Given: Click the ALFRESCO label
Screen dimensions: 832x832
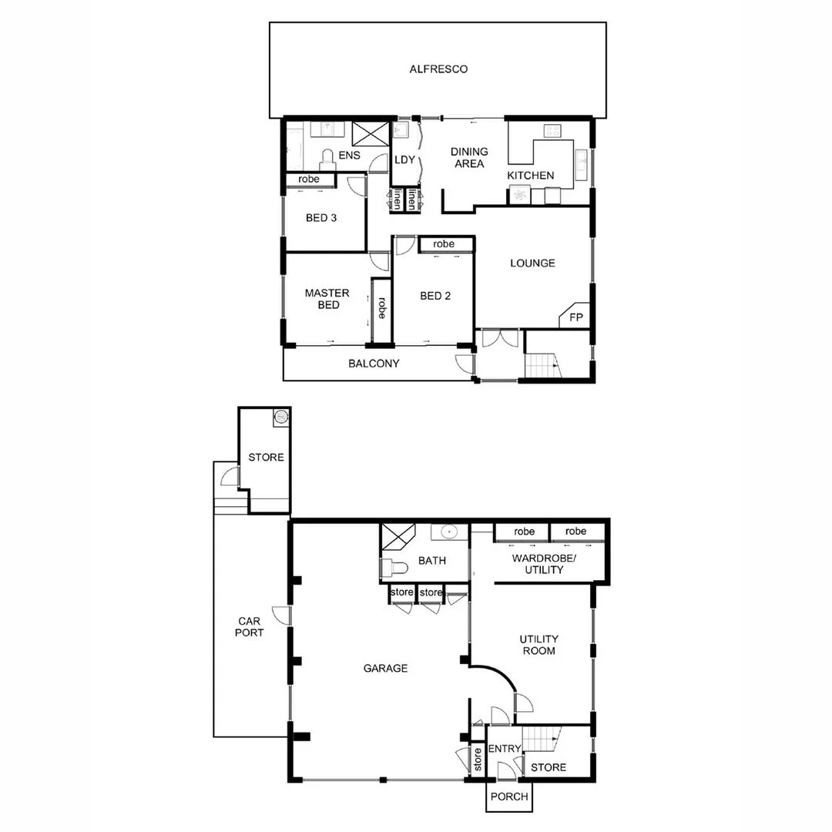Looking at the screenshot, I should tap(438, 69).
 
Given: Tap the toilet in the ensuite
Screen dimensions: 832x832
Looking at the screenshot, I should tap(327, 159).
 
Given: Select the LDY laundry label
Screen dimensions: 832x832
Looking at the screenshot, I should tap(405, 160).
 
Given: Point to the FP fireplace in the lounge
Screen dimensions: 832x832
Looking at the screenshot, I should tap(575, 317).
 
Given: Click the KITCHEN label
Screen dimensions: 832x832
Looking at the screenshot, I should tap(530, 176).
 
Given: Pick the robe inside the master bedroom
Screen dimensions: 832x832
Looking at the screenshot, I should tap(381, 308).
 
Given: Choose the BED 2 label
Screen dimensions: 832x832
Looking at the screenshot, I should tap(435, 296).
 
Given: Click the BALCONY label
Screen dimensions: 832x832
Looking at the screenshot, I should tap(374, 364).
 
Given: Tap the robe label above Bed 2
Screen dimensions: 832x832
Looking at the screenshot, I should tap(444, 244).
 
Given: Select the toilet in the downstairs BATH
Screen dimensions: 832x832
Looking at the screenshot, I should tap(395, 569).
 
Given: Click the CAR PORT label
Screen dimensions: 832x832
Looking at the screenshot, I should tap(250, 626).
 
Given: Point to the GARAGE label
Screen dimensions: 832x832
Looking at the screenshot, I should tap(385, 668).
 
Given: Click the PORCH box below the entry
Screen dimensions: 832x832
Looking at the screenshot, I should tap(509, 797).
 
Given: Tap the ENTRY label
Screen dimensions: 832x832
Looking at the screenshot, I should tap(505, 750).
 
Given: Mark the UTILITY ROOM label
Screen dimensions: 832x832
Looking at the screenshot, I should tap(538, 645).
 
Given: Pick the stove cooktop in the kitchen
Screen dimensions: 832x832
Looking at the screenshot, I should tap(552, 131).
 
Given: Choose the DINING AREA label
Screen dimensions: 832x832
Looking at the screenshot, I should tap(469, 158).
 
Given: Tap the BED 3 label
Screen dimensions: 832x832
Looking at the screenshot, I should tap(321, 218).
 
